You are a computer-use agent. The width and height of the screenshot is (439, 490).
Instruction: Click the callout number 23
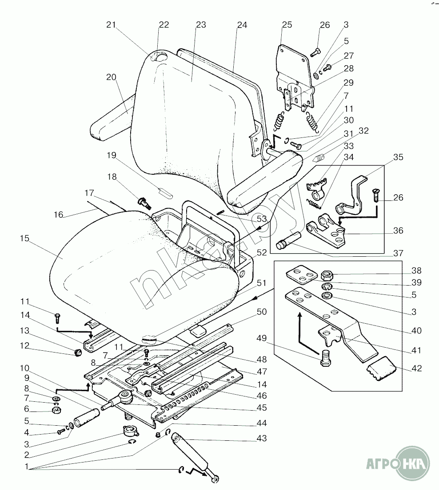(201, 25)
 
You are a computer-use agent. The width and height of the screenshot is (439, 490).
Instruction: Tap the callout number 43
(261, 439)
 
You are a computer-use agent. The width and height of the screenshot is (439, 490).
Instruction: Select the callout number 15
(24, 239)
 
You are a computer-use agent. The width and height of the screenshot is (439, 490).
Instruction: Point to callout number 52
(261, 252)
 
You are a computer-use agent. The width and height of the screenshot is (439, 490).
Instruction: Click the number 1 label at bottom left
(28, 467)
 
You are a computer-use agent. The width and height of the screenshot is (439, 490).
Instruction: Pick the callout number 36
(398, 231)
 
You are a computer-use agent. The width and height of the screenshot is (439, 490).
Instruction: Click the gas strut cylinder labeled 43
(191, 457)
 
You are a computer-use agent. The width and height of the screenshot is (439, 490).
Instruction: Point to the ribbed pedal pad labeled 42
(381, 369)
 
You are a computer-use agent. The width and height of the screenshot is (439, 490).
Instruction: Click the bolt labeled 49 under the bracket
(325, 357)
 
